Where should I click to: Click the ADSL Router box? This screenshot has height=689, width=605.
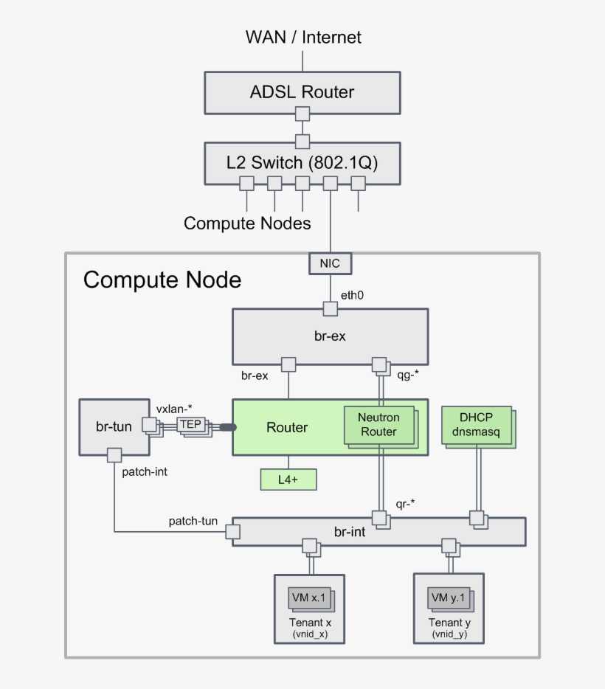[x=302, y=92]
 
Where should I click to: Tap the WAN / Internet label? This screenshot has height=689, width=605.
[x=303, y=37]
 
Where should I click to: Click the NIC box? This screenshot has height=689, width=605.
[x=330, y=263]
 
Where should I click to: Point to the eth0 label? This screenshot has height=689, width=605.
[x=351, y=296]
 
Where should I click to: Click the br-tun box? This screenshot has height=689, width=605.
[x=114, y=426]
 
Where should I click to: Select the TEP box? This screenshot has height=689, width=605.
[x=190, y=424]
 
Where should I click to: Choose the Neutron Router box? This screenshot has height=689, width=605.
[x=378, y=425]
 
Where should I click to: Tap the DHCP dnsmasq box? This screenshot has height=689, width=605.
[x=476, y=424]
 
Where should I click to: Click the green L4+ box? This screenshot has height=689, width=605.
[x=288, y=479]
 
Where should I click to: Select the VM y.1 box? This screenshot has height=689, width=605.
[x=449, y=598]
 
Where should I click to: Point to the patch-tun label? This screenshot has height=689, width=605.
[x=193, y=522]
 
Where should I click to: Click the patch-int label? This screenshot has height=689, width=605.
[x=145, y=471]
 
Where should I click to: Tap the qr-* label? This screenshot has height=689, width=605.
[x=406, y=504]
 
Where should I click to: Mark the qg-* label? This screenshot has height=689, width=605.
[x=408, y=374]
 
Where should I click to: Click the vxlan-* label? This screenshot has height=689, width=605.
[x=174, y=409]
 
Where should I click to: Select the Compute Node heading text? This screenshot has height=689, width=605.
[x=162, y=280]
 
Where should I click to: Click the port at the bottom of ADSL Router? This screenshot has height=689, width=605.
[x=302, y=114]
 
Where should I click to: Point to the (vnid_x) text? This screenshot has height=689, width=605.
[x=310, y=634]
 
